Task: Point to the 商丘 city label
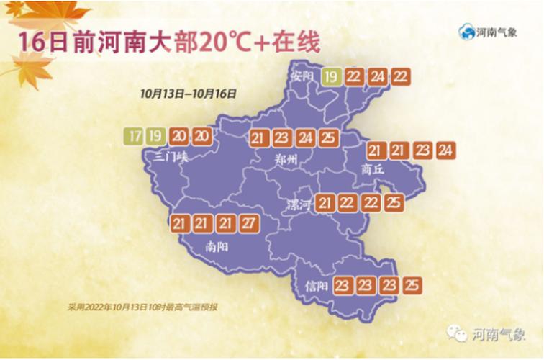click(x=372, y=168)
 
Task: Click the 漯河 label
click(x=299, y=204)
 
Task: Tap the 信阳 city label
click(x=317, y=287)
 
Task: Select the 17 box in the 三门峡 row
click(x=133, y=135)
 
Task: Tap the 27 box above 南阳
click(x=248, y=224)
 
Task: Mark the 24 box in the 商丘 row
click(x=445, y=150)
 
